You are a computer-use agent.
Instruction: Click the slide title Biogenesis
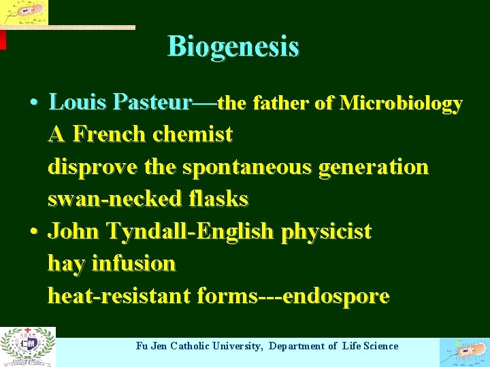(x=233, y=47)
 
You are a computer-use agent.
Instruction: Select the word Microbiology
(x=401, y=103)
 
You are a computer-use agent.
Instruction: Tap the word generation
(x=378, y=167)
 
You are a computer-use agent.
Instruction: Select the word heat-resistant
(x=120, y=296)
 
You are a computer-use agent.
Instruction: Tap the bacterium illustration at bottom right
(x=464, y=351)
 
